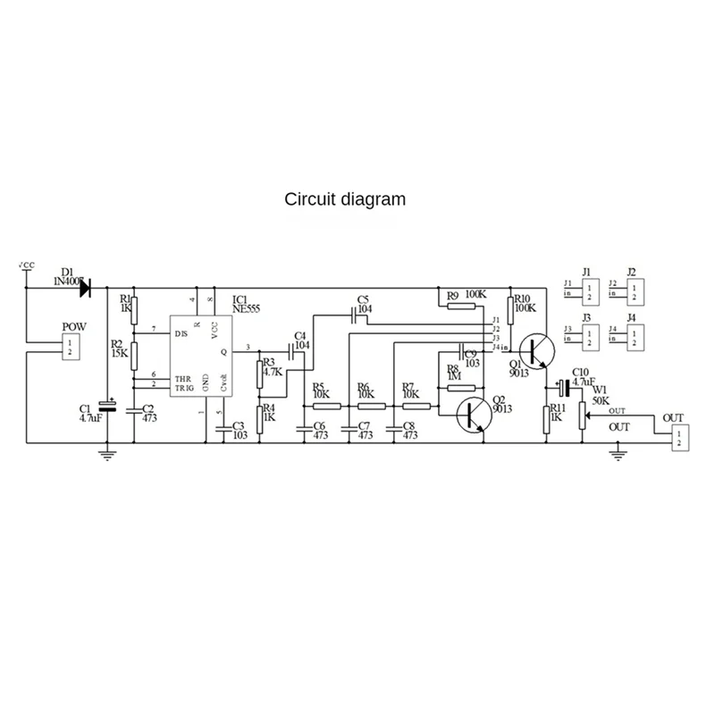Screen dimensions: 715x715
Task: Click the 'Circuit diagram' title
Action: pos(344,198)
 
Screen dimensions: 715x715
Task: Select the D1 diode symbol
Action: pos(88,289)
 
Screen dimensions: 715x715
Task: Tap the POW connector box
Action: pos(71,349)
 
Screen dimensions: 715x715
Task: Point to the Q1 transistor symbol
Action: pos(539,350)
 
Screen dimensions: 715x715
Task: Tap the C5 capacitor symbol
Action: pos(355,315)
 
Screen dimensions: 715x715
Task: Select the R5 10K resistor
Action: pos(327,406)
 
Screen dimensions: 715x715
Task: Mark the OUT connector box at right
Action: pos(678,437)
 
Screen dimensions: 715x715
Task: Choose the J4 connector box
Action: pos(633,335)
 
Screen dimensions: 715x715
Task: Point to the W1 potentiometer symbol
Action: pos(582,415)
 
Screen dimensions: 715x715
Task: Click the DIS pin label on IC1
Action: pos(181,332)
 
